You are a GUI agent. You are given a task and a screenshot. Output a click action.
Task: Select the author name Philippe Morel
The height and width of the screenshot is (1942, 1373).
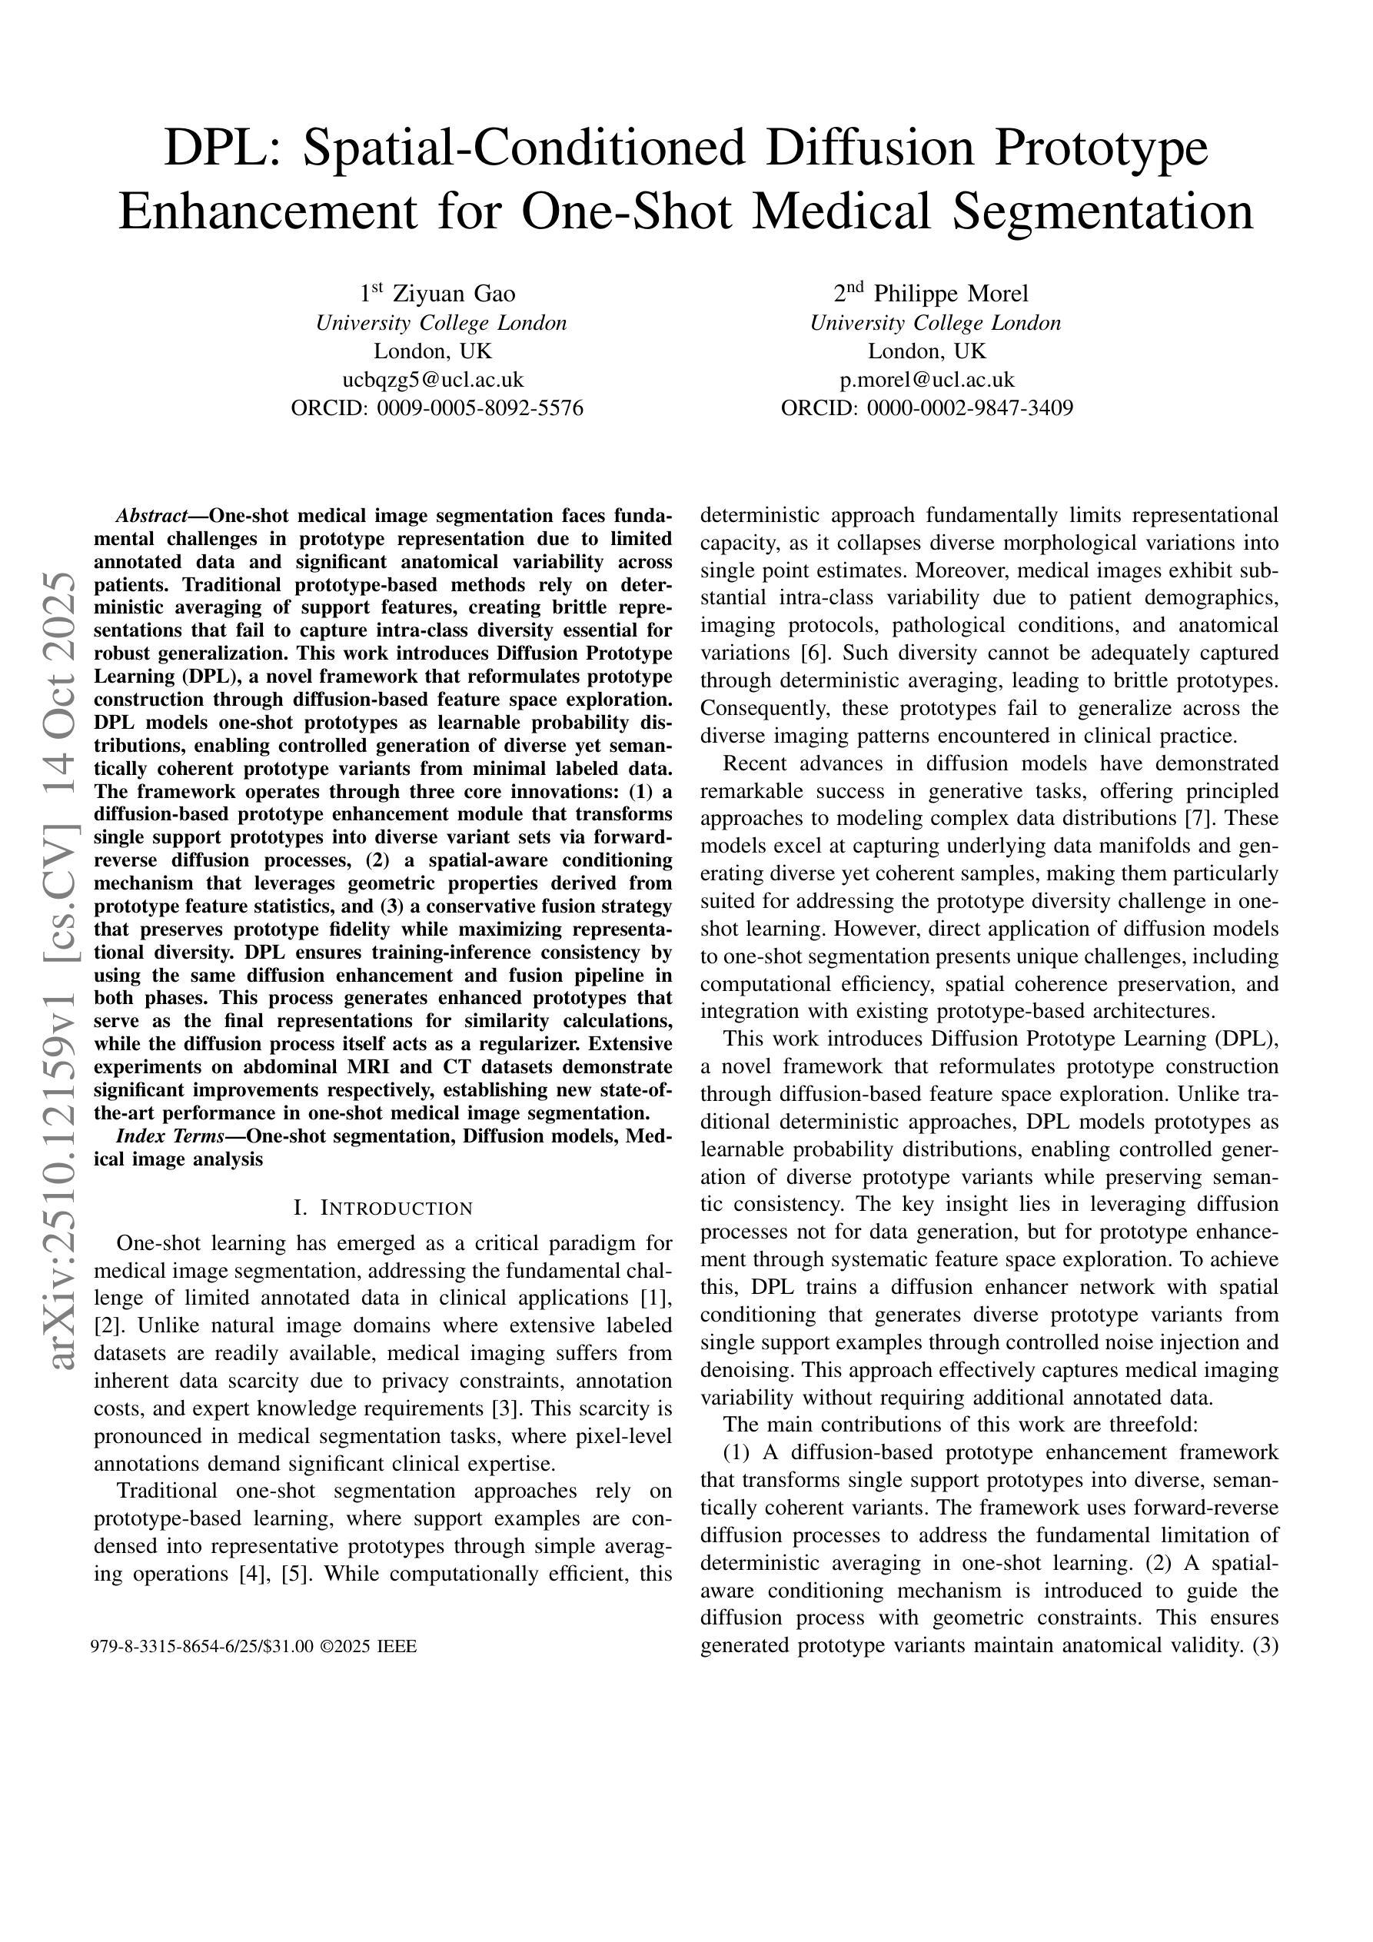pos(951,294)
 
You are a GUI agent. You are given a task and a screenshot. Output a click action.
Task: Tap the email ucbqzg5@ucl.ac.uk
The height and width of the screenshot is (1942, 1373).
pos(437,380)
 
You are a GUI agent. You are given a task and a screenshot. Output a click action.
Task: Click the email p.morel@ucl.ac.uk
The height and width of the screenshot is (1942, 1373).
pos(927,380)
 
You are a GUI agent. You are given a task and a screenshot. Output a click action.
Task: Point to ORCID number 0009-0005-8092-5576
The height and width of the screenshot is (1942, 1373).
pos(480,408)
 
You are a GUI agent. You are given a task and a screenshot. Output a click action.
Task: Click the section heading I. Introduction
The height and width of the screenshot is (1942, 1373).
pos(382,1208)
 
